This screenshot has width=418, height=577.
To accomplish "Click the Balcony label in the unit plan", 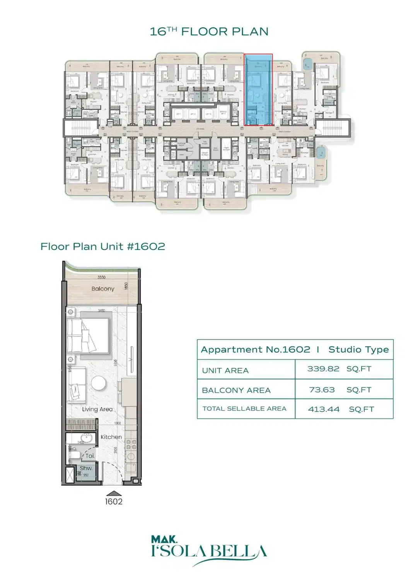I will [103, 288].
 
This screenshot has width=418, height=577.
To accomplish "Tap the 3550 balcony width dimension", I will [101, 277].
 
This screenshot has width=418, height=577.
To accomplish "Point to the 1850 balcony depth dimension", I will [126, 286].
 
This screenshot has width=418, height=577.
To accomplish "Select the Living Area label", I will [97, 409].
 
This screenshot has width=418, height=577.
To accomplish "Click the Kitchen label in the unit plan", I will [111, 437].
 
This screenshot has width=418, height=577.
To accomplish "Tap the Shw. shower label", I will [86, 468].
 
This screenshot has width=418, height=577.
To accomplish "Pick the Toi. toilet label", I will [90, 456].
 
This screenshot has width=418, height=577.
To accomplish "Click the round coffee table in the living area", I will [99, 383].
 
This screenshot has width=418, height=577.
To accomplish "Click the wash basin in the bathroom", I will [87, 438].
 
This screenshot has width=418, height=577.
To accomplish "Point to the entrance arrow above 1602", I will [114, 493].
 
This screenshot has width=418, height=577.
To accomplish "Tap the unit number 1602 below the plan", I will [114, 502].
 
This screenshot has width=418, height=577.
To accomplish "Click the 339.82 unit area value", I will [323, 369].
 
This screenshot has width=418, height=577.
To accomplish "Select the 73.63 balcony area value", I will [322, 390].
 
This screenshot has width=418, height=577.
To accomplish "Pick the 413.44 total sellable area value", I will [324, 409].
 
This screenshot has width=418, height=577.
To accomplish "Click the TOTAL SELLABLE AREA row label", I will [244, 409].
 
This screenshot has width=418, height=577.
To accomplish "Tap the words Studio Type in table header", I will [358, 350].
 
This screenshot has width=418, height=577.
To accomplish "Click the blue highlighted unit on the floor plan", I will [258, 90].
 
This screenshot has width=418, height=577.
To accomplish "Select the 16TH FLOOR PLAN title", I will [209, 32].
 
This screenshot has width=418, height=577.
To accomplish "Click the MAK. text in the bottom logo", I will [164, 539].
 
